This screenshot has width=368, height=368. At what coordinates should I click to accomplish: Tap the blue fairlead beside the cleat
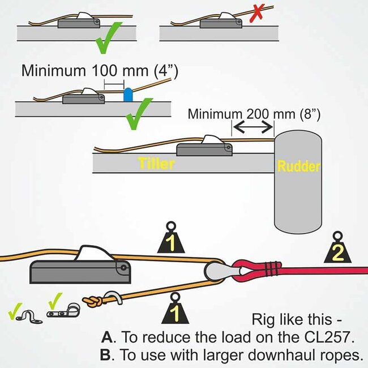tap(128, 94)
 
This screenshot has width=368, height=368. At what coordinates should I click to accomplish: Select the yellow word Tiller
tap(156, 164)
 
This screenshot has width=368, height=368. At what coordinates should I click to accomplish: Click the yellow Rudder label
tap(298, 167)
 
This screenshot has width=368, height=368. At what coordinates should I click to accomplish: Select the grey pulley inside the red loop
tap(217, 271)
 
